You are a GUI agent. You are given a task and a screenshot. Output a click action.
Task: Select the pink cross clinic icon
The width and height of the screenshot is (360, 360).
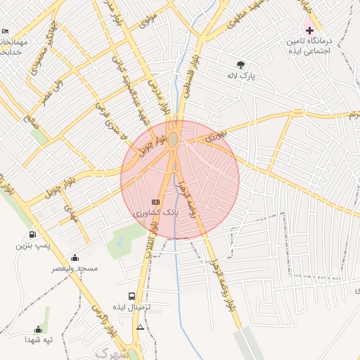(x=309, y=30)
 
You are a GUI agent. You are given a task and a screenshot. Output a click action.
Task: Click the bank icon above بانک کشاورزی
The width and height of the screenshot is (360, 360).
(x=155, y=202)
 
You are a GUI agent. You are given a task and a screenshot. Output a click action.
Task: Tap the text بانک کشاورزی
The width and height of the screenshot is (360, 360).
(x=156, y=212)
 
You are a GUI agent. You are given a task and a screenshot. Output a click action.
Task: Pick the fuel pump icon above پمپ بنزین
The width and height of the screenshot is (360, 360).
(x=32, y=235)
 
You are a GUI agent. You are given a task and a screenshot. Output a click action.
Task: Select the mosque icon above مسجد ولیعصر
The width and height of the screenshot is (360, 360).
(x=75, y=257)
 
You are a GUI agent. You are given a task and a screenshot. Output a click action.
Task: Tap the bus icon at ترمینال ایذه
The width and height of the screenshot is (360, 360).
(x=131, y=296)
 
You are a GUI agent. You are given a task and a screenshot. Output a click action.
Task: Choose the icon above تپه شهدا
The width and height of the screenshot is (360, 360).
(x=38, y=329)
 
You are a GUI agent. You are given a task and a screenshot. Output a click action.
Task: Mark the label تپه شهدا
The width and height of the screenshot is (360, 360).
(x=39, y=340)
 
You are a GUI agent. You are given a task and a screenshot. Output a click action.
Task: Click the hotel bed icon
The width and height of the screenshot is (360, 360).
(x=6, y=32)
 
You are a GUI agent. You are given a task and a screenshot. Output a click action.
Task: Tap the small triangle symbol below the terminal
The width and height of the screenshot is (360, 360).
(x=141, y=328)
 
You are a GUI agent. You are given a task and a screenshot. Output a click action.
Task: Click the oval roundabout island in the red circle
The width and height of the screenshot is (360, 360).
(x=173, y=140)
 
